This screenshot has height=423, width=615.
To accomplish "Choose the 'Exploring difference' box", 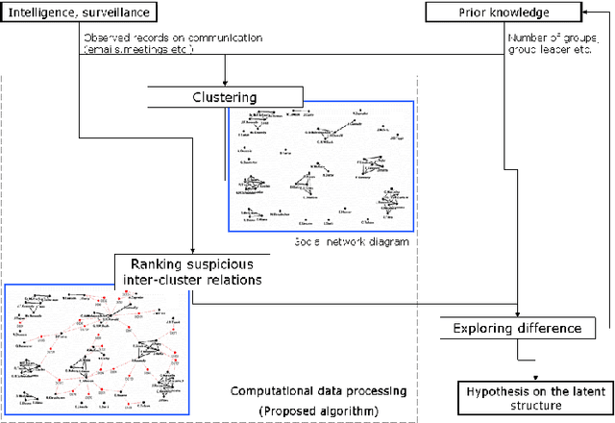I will tap(517, 328).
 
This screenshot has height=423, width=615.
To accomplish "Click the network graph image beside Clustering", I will tap(320, 165).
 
